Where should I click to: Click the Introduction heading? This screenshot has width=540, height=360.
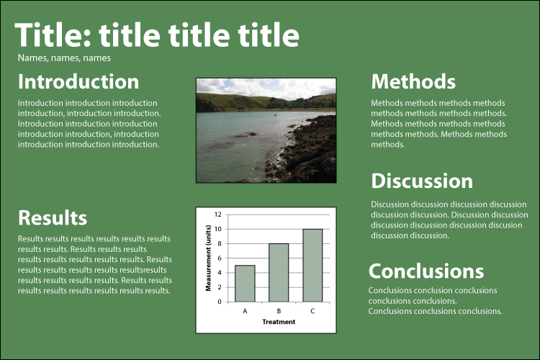[x=78, y=81]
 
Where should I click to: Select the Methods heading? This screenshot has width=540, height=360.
[x=413, y=81]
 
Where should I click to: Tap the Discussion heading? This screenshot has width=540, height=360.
[x=422, y=181]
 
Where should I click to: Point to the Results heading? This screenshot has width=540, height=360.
[x=53, y=217]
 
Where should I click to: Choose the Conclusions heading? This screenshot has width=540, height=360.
[x=426, y=271]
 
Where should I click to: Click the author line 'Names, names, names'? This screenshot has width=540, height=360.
[x=64, y=58]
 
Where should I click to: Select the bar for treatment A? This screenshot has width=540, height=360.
[x=245, y=284]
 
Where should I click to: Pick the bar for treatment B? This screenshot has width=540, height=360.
[x=279, y=273]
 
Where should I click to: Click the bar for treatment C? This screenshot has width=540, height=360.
[x=312, y=266]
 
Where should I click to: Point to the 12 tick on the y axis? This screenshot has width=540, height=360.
[x=217, y=215]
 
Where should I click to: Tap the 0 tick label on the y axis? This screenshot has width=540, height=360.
[x=220, y=302]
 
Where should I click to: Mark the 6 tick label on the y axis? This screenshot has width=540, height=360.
[x=220, y=258]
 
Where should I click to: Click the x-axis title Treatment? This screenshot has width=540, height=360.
[x=279, y=322]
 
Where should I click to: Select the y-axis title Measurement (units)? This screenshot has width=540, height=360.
[x=208, y=258]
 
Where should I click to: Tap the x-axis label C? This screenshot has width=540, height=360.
[x=312, y=311]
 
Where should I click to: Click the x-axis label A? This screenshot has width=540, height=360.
[x=245, y=311]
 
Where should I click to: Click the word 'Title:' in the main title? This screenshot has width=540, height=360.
[x=53, y=35]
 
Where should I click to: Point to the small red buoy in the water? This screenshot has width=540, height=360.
[x=275, y=114]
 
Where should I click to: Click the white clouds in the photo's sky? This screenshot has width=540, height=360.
[x=266, y=88]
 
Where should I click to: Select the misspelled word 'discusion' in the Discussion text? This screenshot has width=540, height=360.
[x=505, y=225]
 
